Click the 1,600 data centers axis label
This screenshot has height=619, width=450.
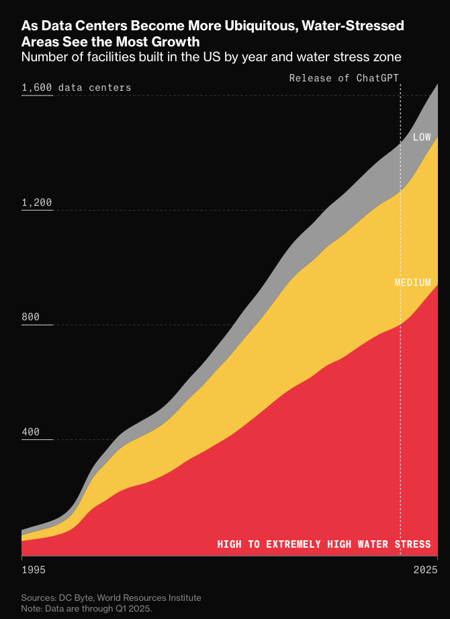click(77, 87)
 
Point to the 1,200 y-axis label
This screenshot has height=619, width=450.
click(37, 203)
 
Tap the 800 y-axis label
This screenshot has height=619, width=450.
click(32, 317)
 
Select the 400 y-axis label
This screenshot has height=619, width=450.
click(32, 432)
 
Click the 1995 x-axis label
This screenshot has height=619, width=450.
click(34, 570)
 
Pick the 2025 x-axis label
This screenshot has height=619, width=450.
click(424, 570)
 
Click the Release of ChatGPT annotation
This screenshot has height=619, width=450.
click(344, 78)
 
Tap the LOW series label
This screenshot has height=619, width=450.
click(422, 137)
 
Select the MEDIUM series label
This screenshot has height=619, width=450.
click(412, 283)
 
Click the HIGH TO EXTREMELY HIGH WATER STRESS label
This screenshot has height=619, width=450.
click(324, 544)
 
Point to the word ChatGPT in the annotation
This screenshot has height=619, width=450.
click(377, 78)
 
